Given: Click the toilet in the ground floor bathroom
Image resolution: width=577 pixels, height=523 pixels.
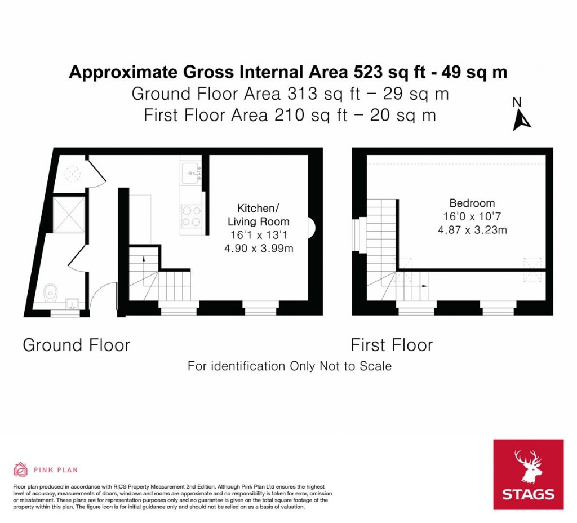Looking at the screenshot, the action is (50, 293).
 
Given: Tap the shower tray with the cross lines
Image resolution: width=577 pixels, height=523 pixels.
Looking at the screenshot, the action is (69, 215).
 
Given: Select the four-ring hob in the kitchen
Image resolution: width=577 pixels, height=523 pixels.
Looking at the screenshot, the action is (191, 216).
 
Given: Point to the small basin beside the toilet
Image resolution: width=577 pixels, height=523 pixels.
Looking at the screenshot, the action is (72, 303).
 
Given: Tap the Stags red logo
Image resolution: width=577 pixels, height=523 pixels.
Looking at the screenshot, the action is (528, 475).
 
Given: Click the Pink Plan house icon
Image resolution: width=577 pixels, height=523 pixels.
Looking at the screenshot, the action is (21, 469).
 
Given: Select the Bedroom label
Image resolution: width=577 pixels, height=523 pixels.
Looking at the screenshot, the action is (472, 203).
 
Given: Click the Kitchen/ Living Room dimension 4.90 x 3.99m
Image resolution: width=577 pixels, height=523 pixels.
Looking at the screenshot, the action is (259, 249).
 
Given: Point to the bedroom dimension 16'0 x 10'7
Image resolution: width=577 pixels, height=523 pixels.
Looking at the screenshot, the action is (472, 216).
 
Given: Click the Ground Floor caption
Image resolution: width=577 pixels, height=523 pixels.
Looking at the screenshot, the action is (77, 345).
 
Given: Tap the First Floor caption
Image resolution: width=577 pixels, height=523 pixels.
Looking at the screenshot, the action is (392, 345).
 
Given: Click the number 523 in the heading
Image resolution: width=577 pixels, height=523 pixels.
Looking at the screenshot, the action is (368, 72).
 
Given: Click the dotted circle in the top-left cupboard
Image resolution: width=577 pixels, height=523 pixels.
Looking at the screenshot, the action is (72, 174).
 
